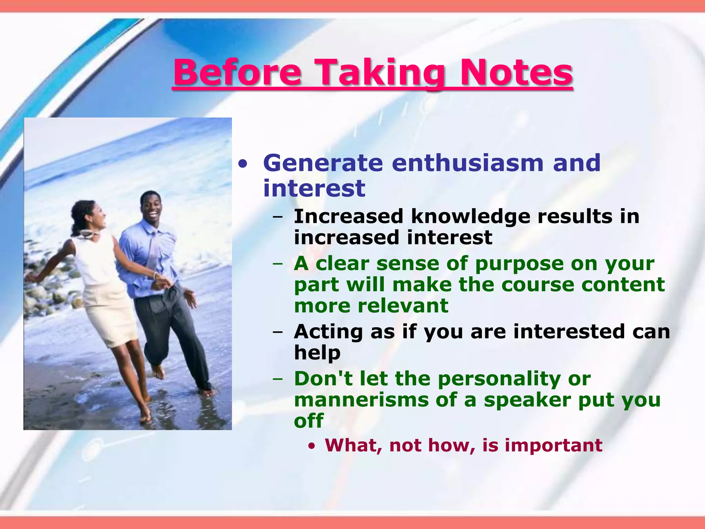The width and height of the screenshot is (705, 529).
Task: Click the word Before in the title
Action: coord(238,72)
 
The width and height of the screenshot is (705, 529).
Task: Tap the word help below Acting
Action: coord(317,353)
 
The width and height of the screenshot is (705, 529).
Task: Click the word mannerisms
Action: coord(361,400)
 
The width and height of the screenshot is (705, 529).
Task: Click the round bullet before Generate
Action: coord(243,164)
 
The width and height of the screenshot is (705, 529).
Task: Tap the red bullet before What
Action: coord(312,447)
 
